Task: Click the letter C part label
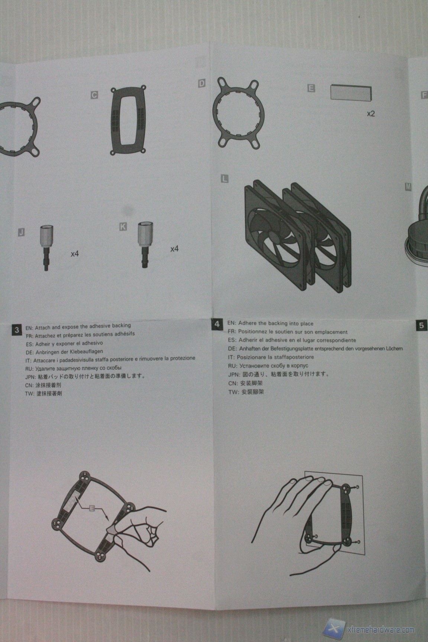[94, 95]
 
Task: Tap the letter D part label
[202, 84]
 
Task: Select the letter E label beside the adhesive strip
[311, 88]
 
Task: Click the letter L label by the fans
[224, 179]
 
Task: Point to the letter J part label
[22, 233]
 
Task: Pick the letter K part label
[123, 226]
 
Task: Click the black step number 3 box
[17, 330]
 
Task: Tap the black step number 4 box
[217, 324]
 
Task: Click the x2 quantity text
[371, 114]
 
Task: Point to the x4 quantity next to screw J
[75, 254]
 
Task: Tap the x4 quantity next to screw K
[174, 249]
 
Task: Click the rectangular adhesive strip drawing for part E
[351, 92]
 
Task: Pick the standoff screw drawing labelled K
[145, 244]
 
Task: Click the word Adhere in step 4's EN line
[247, 323]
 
